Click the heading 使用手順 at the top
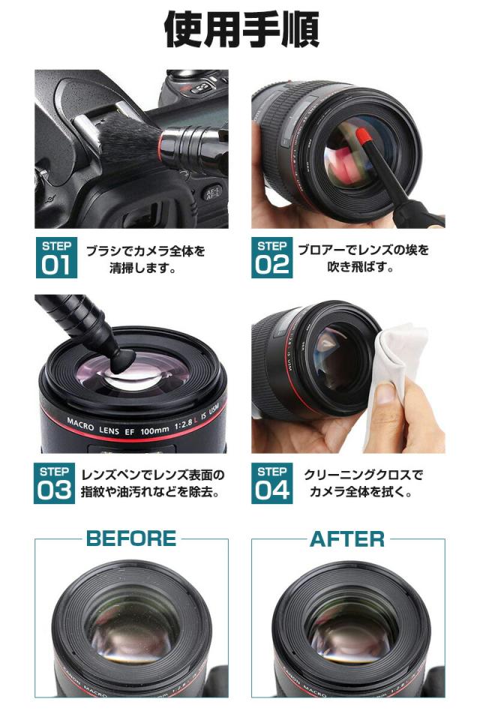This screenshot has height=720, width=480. tap(240, 31)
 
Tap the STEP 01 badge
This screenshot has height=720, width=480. tap(56, 258)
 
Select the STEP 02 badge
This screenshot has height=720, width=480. tap(271, 258)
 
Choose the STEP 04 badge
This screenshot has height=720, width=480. tap(271, 483)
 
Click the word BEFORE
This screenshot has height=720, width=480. tap(131, 538)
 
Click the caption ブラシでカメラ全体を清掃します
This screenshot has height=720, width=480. tap(145, 259)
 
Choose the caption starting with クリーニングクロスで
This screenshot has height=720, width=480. tap(363, 484)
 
